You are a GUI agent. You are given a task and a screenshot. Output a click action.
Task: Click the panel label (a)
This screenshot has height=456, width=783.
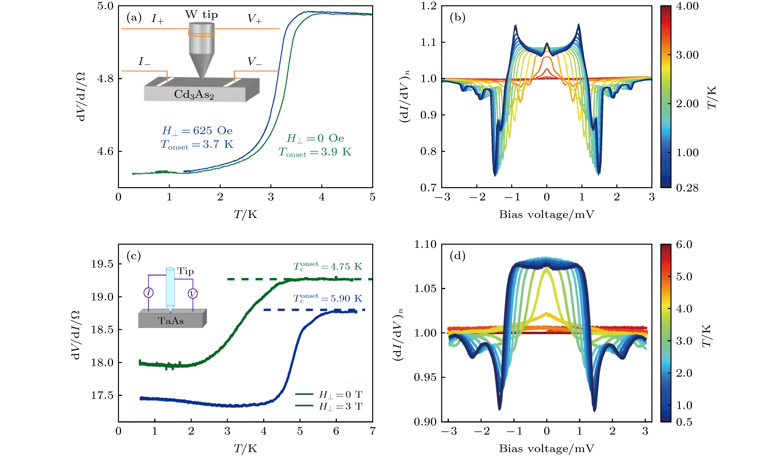click(134, 18)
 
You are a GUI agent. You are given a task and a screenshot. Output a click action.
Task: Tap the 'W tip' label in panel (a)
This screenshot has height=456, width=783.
click(201, 15)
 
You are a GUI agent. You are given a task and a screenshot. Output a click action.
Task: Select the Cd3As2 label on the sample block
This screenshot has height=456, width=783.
click(194, 94)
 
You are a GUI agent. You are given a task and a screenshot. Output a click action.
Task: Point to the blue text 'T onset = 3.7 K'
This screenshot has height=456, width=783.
click(197, 145)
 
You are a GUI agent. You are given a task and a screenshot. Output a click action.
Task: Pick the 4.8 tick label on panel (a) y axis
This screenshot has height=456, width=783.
click(105, 79)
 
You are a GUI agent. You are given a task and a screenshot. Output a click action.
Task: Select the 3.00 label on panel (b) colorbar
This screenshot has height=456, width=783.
click(687, 55)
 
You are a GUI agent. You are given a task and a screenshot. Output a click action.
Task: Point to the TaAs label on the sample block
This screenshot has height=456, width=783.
click(171, 321)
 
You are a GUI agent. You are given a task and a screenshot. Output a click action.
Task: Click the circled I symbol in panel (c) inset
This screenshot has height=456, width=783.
click(149, 293)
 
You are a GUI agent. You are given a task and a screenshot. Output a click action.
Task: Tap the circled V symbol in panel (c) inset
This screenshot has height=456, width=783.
click(193, 294)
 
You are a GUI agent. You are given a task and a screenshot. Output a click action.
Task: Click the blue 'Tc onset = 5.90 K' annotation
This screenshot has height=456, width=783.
click(328, 298)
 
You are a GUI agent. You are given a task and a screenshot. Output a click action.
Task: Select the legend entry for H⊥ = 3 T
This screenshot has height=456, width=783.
click(329, 406)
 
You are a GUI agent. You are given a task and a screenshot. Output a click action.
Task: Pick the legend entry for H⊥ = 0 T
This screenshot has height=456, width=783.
click(329, 395)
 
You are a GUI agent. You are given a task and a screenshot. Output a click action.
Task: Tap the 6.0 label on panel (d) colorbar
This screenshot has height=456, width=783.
click(684, 244)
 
